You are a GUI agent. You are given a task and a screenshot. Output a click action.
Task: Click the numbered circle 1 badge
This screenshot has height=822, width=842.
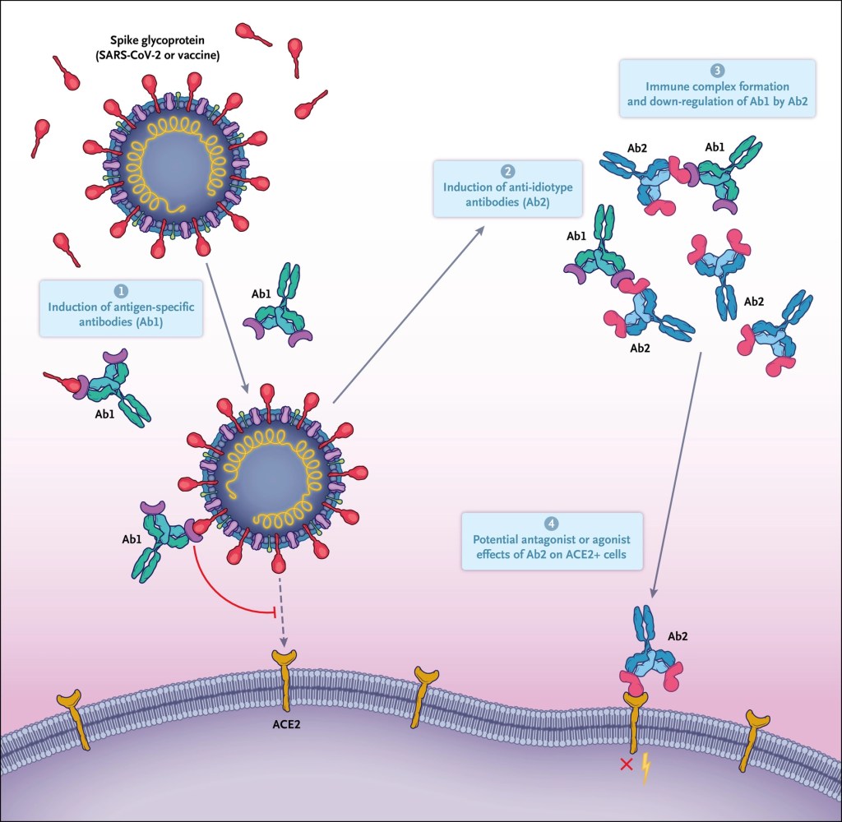pyautogui.click(x=121, y=291)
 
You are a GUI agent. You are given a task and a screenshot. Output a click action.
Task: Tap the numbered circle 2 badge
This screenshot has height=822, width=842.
pyautogui.click(x=508, y=171)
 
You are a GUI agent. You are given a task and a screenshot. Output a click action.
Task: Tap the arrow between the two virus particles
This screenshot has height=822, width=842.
pyautogui.click(x=223, y=325)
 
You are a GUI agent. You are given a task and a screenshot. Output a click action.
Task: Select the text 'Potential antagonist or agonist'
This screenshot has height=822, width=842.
pyautogui.click(x=551, y=541)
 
